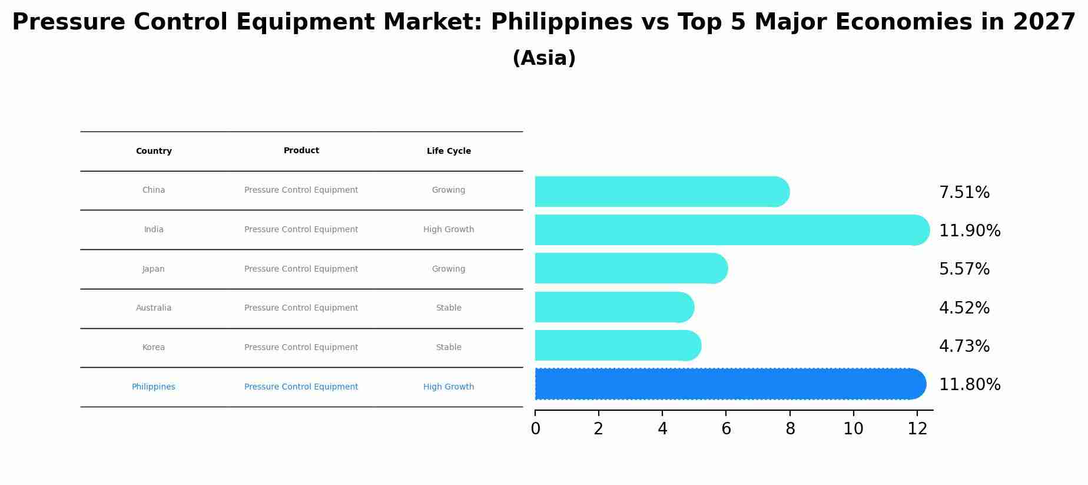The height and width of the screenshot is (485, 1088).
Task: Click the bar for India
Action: coord(730,230)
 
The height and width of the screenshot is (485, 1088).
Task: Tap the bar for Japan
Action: coord(630,269)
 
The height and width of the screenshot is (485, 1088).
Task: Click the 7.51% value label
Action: coord(964,193)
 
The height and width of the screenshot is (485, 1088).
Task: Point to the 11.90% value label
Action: coord(969,231)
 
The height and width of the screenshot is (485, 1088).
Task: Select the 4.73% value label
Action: coord(964,347)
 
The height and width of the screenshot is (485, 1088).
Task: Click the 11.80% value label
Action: coord(969,385)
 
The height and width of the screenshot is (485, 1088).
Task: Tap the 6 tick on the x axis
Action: coord(726,429)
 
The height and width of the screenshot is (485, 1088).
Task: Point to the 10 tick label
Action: coord(853,429)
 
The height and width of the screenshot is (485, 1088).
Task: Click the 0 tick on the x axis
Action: coord(535,429)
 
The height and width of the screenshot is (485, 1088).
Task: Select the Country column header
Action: coord(154,151)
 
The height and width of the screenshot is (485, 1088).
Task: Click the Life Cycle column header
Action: coord(449,151)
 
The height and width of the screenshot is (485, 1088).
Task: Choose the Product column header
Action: coord(301,151)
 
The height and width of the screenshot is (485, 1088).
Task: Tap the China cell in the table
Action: coord(154,190)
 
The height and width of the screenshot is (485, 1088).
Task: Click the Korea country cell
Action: coord(154,348)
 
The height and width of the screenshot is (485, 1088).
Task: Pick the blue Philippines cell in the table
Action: coord(154,387)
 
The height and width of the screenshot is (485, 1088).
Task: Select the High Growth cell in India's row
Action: coord(449,230)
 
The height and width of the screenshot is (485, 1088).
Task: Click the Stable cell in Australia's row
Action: coord(449,308)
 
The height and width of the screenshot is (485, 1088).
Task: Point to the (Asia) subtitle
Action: coord(544,58)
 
